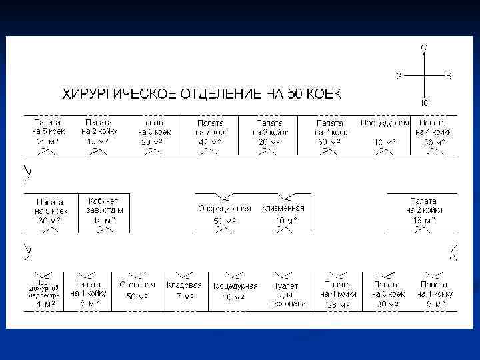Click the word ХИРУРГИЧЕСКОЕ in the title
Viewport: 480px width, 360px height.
pos(114,93)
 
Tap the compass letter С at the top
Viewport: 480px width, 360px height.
pos(425,47)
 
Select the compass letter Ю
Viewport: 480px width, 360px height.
pos(425,103)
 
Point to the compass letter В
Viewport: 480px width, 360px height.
pos(449,76)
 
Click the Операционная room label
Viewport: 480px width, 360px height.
pos(225,208)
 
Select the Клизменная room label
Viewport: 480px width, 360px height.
pos(283,207)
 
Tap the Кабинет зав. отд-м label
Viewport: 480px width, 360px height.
pos(103,205)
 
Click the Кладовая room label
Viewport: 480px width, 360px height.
pos(183,285)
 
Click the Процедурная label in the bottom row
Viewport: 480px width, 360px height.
pos(233,285)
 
